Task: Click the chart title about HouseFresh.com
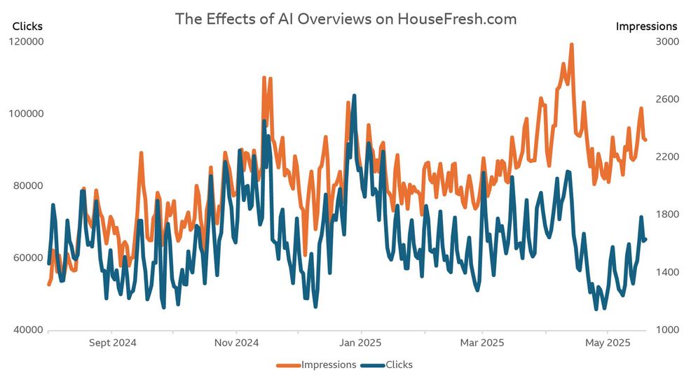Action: coord(346,19)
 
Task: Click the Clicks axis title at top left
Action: coord(27,27)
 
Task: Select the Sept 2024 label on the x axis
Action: coord(114,343)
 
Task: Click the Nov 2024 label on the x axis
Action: coord(236,343)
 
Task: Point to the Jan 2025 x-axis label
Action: coord(360,343)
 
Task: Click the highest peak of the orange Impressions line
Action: coord(571,45)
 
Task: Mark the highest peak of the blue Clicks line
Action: coord(354,96)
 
